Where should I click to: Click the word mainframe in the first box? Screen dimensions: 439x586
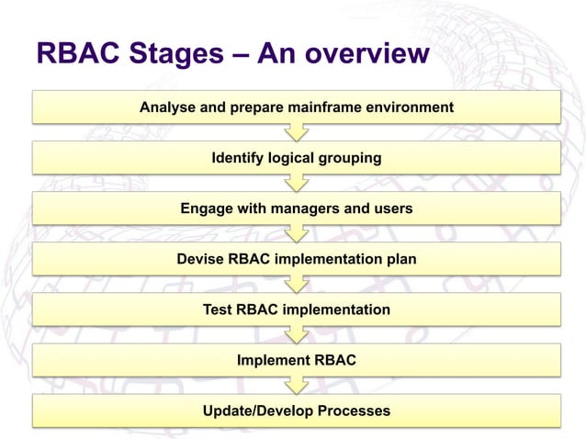tap(330, 107)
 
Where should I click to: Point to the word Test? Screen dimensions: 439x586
tap(218, 310)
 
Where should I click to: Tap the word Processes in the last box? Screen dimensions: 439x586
tap(352, 411)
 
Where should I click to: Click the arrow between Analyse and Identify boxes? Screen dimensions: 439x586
tap(296, 133)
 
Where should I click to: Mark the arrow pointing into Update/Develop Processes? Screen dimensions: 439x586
tap(296, 386)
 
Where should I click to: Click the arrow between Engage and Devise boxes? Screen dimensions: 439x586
tap(296, 234)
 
